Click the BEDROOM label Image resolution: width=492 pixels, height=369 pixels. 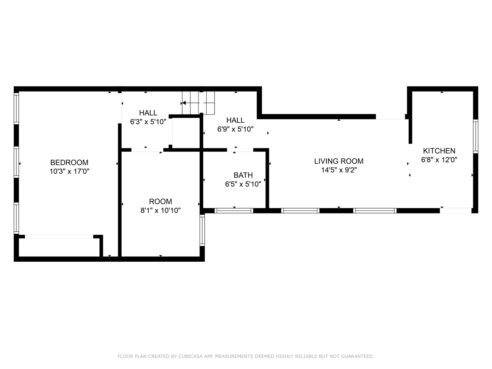tap(69, 163)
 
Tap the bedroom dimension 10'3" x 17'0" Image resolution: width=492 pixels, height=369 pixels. tap(69, 172)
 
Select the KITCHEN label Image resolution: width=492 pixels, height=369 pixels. tap(439, 151)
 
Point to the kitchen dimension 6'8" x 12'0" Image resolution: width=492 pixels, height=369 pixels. tap(439, 160)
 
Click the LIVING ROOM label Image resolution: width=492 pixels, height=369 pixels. tap(339, 161)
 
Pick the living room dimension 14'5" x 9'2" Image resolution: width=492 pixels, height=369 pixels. tap(339, 170)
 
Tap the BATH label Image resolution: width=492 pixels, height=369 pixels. tap(243, 175)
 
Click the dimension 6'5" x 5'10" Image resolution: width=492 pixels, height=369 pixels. tap(243, 184)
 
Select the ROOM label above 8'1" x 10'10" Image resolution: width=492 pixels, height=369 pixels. tap(160, 202)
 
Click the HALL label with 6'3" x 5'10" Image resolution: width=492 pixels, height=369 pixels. tap(148, 113)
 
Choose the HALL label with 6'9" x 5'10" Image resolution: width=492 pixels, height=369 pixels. tap(235, 120)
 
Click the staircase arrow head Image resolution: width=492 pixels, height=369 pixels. tap(183, 103)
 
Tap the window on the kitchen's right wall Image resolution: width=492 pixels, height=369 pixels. tap(475, 136)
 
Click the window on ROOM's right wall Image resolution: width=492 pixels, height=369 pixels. tap(202, 231)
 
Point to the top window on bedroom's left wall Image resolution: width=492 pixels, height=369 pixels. tap(16, 108)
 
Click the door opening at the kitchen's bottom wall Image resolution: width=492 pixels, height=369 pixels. tap(455, 210)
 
